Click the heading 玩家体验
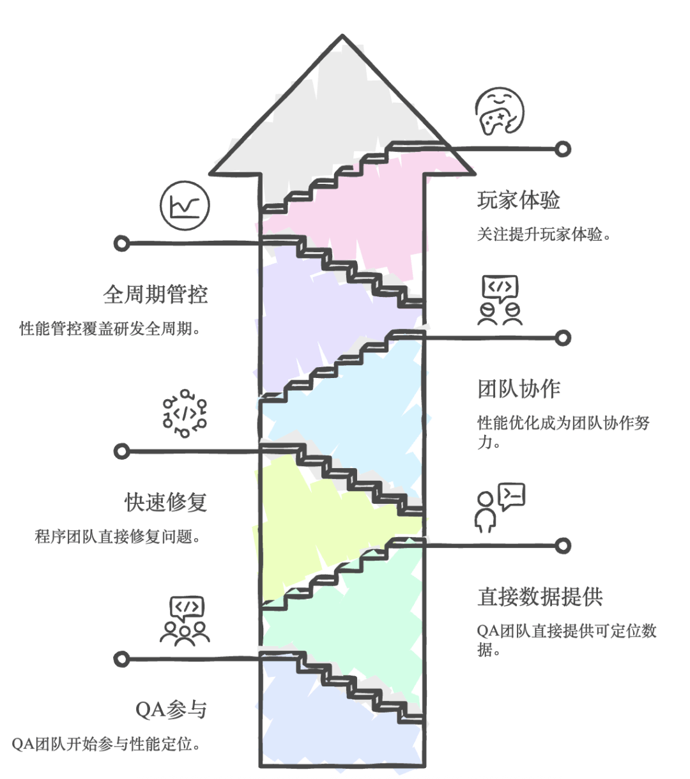(518, 200)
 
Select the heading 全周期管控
(155, 295)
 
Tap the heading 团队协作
(518, 389)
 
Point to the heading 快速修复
(166, 502)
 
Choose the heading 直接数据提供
(540, 597)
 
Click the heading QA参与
(171, 710)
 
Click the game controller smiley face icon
(500, 111)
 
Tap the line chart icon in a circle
(185, 206)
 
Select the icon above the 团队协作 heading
(500, 300)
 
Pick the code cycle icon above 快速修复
(185, 414)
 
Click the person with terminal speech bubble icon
(500, 508)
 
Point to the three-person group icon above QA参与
(185, 621)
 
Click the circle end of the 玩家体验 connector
(563, 149)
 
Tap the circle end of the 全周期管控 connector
(121, 243)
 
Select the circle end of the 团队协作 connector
(563, 338)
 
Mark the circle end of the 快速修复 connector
(121, 451)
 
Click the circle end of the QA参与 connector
(121, 659)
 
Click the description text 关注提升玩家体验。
(544, 234)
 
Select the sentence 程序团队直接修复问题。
(118, 536)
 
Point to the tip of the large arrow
(342, 35)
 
